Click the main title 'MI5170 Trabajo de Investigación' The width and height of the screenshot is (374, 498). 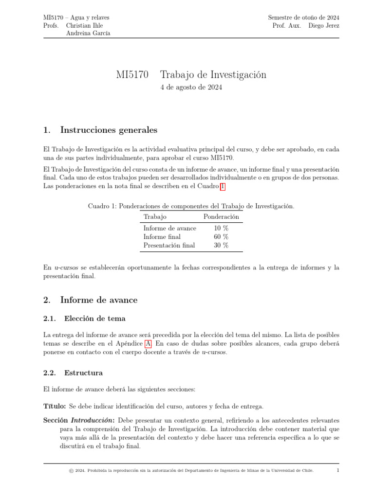tap(191, 75)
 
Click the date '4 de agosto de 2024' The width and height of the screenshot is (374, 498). tap(191, 88)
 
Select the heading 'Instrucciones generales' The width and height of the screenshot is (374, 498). tap(108, 130)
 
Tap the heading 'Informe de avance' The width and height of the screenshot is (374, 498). tap(98, 300)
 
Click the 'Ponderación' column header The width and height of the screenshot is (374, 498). tap(221, 216)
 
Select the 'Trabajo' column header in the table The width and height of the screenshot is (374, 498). tap(155, 216)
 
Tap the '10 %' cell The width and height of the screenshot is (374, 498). tap(221, 228)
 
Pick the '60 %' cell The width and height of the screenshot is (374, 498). tap(221, 237)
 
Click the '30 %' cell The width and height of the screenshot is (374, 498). tap(221, 246)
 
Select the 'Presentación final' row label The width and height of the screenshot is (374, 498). tap(169, 246)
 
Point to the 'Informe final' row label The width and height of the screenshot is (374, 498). tap(162, 237)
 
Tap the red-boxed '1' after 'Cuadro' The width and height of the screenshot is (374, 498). tap(223, 186)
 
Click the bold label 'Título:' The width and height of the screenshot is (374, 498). tap(55, 406)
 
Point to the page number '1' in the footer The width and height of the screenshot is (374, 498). tap(338, 470)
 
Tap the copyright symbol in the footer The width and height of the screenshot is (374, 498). tap(71, 471)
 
